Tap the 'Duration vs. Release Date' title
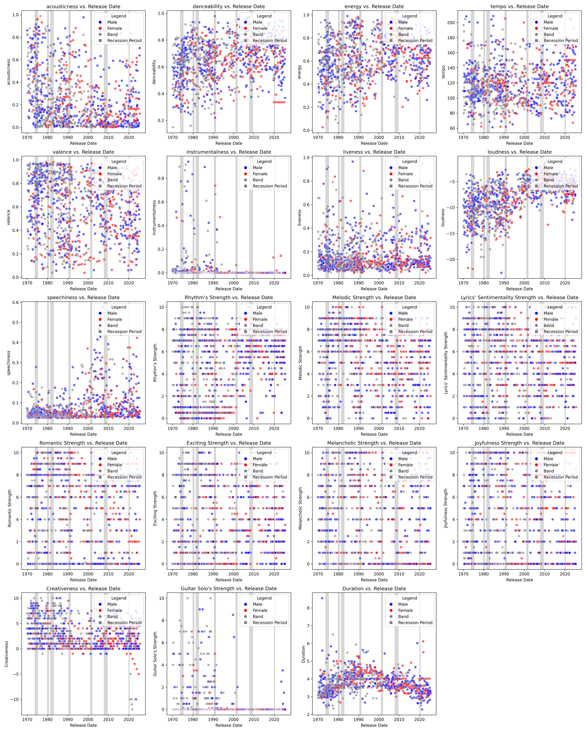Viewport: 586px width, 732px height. coord(374,589)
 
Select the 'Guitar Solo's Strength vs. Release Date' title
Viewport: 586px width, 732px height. coord(229,589)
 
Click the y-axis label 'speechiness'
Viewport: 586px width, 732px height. coord(9,363)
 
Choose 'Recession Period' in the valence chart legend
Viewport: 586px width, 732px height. coord(124,186)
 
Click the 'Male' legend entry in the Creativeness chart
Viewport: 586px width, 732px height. coord(112,604)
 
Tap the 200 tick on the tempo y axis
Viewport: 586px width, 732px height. coord(451,23)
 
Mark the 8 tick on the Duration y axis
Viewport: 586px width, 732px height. coord(308,608)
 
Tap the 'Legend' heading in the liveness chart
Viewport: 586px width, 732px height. coord(409,162)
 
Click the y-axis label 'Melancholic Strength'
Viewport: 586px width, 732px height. coord(300,508)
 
